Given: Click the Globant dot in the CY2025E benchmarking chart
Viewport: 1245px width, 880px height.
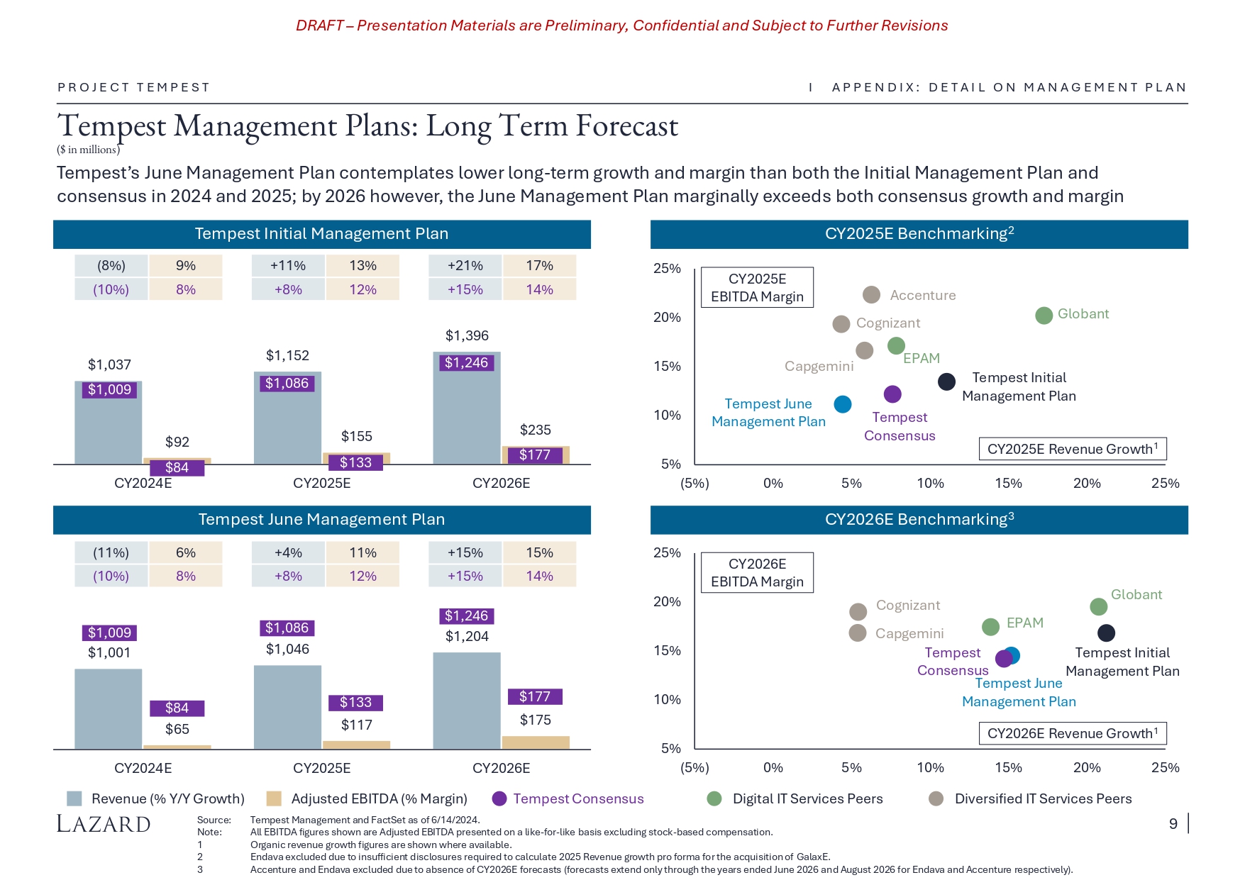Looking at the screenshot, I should [x=1044, y=316].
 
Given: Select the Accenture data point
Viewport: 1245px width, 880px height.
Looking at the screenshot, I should [x=871, y=295].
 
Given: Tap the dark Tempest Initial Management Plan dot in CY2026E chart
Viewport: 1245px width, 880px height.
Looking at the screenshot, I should [x=1106, y=633].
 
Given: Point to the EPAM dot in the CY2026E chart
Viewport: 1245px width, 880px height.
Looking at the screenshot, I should [x=990, y=626].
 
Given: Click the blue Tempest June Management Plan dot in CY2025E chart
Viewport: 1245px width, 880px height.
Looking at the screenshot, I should [x=842, y=404].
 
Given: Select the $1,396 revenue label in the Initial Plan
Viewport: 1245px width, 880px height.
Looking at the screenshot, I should [x=467, y=335].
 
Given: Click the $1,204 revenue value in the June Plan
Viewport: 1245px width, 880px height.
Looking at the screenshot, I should [x=467, y=636].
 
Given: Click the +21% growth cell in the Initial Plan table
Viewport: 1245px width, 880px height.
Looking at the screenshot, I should [x=465, y=266].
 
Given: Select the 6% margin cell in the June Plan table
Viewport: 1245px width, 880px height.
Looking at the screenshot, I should [x=186, y=552].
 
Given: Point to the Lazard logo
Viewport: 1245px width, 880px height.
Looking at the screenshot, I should [x=104, y=823].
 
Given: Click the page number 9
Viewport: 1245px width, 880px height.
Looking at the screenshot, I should [x=1173, y=823].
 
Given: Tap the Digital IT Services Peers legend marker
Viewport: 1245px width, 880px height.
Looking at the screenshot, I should [x=714, y=798].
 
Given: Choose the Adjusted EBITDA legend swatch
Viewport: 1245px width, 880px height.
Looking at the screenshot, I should [x=274, y=798].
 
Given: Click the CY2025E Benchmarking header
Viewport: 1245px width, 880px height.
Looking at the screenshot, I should [x=919, y=234].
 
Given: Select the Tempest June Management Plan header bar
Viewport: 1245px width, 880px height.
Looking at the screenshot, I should [x=321, y=520].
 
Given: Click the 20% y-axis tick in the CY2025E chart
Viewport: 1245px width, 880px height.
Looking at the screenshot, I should [x=667, y=317].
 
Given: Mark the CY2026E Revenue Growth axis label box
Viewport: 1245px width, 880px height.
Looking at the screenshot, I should [x=1072, y=733].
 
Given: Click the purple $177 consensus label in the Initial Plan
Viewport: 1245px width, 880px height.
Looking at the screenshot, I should [x=535, y=455].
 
